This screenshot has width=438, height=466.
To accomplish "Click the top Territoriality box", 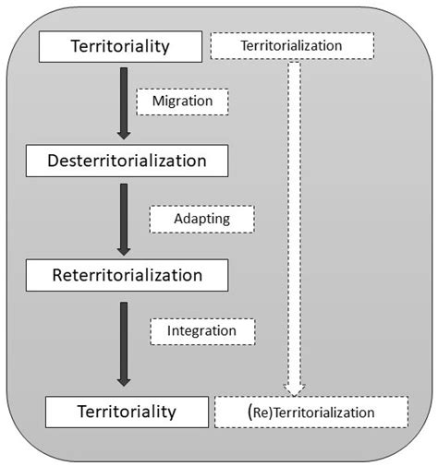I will [x=120, y=45].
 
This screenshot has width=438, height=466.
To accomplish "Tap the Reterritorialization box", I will [x=128, y=274].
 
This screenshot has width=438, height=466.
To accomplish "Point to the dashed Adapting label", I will [x=201, y=219].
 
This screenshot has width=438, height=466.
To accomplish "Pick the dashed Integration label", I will [x=202, y=329].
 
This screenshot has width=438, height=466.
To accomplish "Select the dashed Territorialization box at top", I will [x=290, y=45].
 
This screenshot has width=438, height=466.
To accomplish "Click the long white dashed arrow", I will [x=293, y=221].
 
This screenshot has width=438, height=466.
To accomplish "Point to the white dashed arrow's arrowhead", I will [x=293, y=388].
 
